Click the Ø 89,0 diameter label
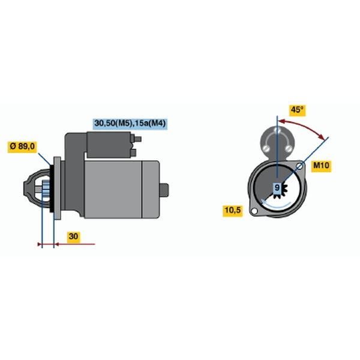point(22,146)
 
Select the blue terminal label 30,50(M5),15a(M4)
point(130,124)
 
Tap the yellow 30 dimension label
point(74,236)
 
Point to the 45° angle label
point(297,110)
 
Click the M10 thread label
point(321,166)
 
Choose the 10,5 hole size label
point(233,211)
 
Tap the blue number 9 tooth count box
point(277,188)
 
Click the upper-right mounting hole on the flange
point(299,166)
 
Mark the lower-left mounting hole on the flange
point(254,211)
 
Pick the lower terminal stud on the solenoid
point(134,152)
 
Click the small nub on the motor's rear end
point(164,190)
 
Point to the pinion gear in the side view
point(46,188)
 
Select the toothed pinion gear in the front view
point(281,189)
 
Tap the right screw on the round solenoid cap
point(289,148)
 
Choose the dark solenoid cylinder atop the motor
point(109,145)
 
